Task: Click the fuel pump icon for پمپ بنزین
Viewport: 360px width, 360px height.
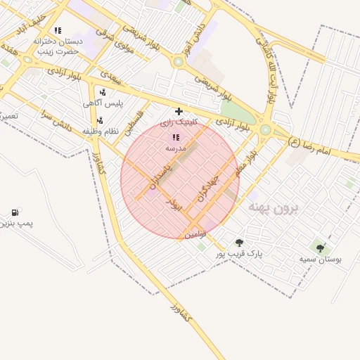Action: tap(15, 212)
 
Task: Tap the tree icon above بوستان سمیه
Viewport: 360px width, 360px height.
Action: tap(321, 248)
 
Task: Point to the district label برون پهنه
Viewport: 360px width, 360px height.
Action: tap(274, 208)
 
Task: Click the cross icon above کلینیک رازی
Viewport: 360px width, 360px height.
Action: tap(179, 111)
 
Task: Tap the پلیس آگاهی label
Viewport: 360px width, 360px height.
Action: tap(103, 103)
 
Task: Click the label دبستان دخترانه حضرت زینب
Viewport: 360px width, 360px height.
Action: tap(58, 46)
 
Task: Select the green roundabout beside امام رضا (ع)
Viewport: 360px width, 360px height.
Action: tap(266, 129)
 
